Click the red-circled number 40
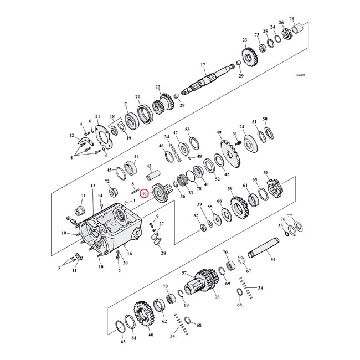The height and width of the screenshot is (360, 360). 145,194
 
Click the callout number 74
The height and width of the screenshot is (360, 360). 241,127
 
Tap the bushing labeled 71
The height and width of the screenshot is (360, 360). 79,212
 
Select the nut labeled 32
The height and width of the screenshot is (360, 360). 203,228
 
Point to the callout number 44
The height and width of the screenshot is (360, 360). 136,157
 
